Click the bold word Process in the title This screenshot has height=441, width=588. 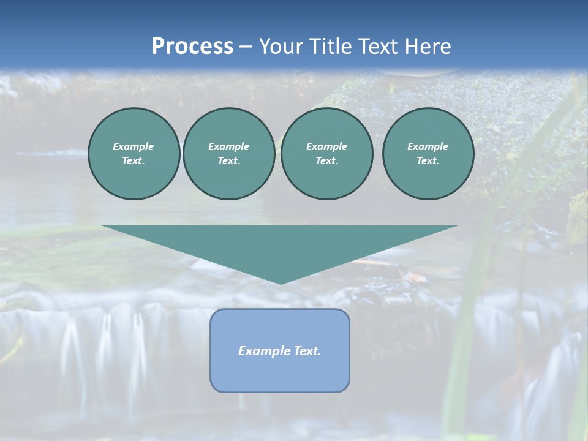click(192, 46)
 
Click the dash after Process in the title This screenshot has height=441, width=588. click(246, 47)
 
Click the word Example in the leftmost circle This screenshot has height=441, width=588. click(133, 146)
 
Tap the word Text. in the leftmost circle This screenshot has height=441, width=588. click(133, 160)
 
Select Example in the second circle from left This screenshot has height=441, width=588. click(228, 146)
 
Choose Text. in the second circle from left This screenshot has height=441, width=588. click(228, 160)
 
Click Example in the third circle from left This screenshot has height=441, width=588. click(326, 146)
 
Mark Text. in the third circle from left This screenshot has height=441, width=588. click(326, 160)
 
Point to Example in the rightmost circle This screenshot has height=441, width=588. click(428, 146)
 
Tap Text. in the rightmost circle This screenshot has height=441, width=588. click(428, 160)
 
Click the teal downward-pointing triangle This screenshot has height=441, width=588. click(280, 245)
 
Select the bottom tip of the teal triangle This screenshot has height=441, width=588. click(280, 283)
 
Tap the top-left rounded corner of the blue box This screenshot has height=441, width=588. click(214, 313)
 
